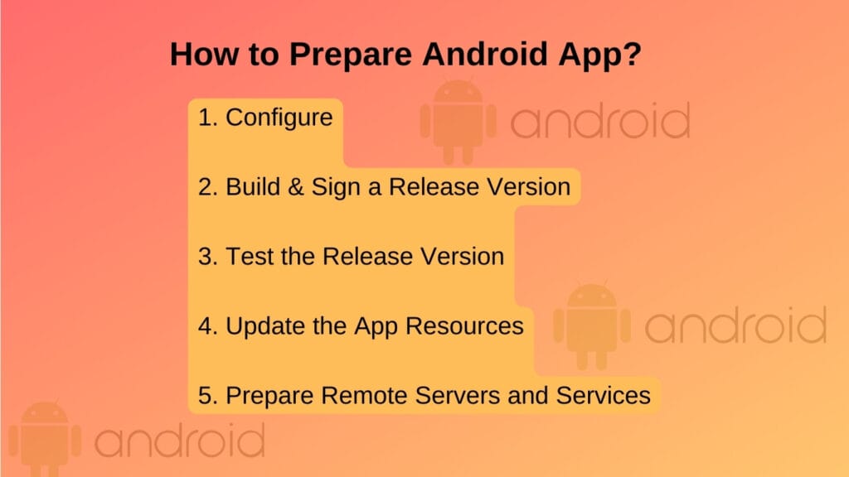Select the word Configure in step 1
click(279, 118)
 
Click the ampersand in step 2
click(296, 186)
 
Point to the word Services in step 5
click(603, 395)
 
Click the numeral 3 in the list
click(206, 256)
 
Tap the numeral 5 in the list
click(206, 395)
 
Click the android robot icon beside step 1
click(458, 121)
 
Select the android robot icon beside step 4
click(592, 325)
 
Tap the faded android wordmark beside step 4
click(735, 325)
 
